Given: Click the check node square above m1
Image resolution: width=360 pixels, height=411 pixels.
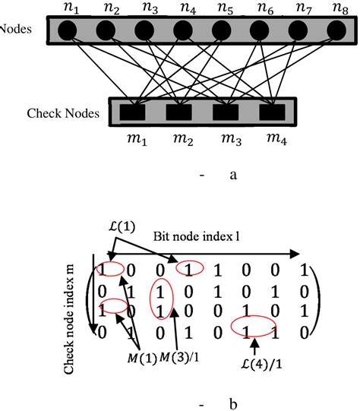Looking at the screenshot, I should [x=139, y=112].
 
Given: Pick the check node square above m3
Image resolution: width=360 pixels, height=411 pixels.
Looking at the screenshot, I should [x=223, y=112].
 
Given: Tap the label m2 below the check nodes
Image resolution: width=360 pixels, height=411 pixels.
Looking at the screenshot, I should [x=180, y=140].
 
